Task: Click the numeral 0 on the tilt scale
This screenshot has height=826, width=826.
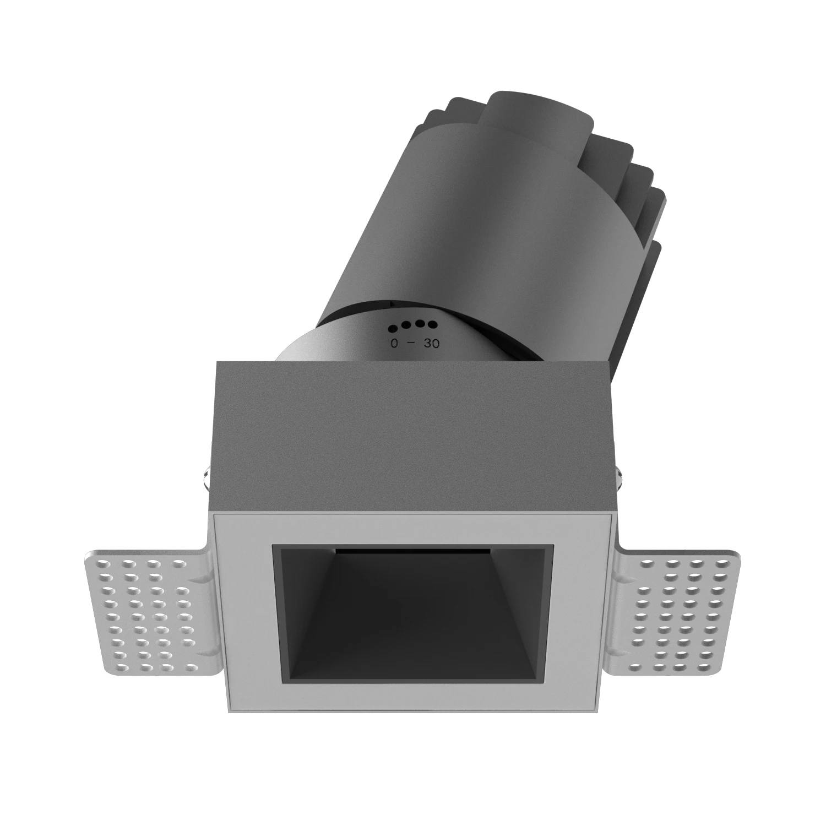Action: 394,344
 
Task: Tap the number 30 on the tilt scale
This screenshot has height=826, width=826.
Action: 432,344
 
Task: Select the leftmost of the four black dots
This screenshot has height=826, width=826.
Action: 393,329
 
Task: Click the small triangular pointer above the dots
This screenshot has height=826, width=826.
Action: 392,302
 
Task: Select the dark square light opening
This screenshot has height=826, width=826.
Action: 413,617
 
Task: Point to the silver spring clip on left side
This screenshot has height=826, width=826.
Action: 204,476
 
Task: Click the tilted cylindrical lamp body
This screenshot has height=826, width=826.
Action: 468,231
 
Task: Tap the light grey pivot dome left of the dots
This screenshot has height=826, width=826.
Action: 319,347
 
